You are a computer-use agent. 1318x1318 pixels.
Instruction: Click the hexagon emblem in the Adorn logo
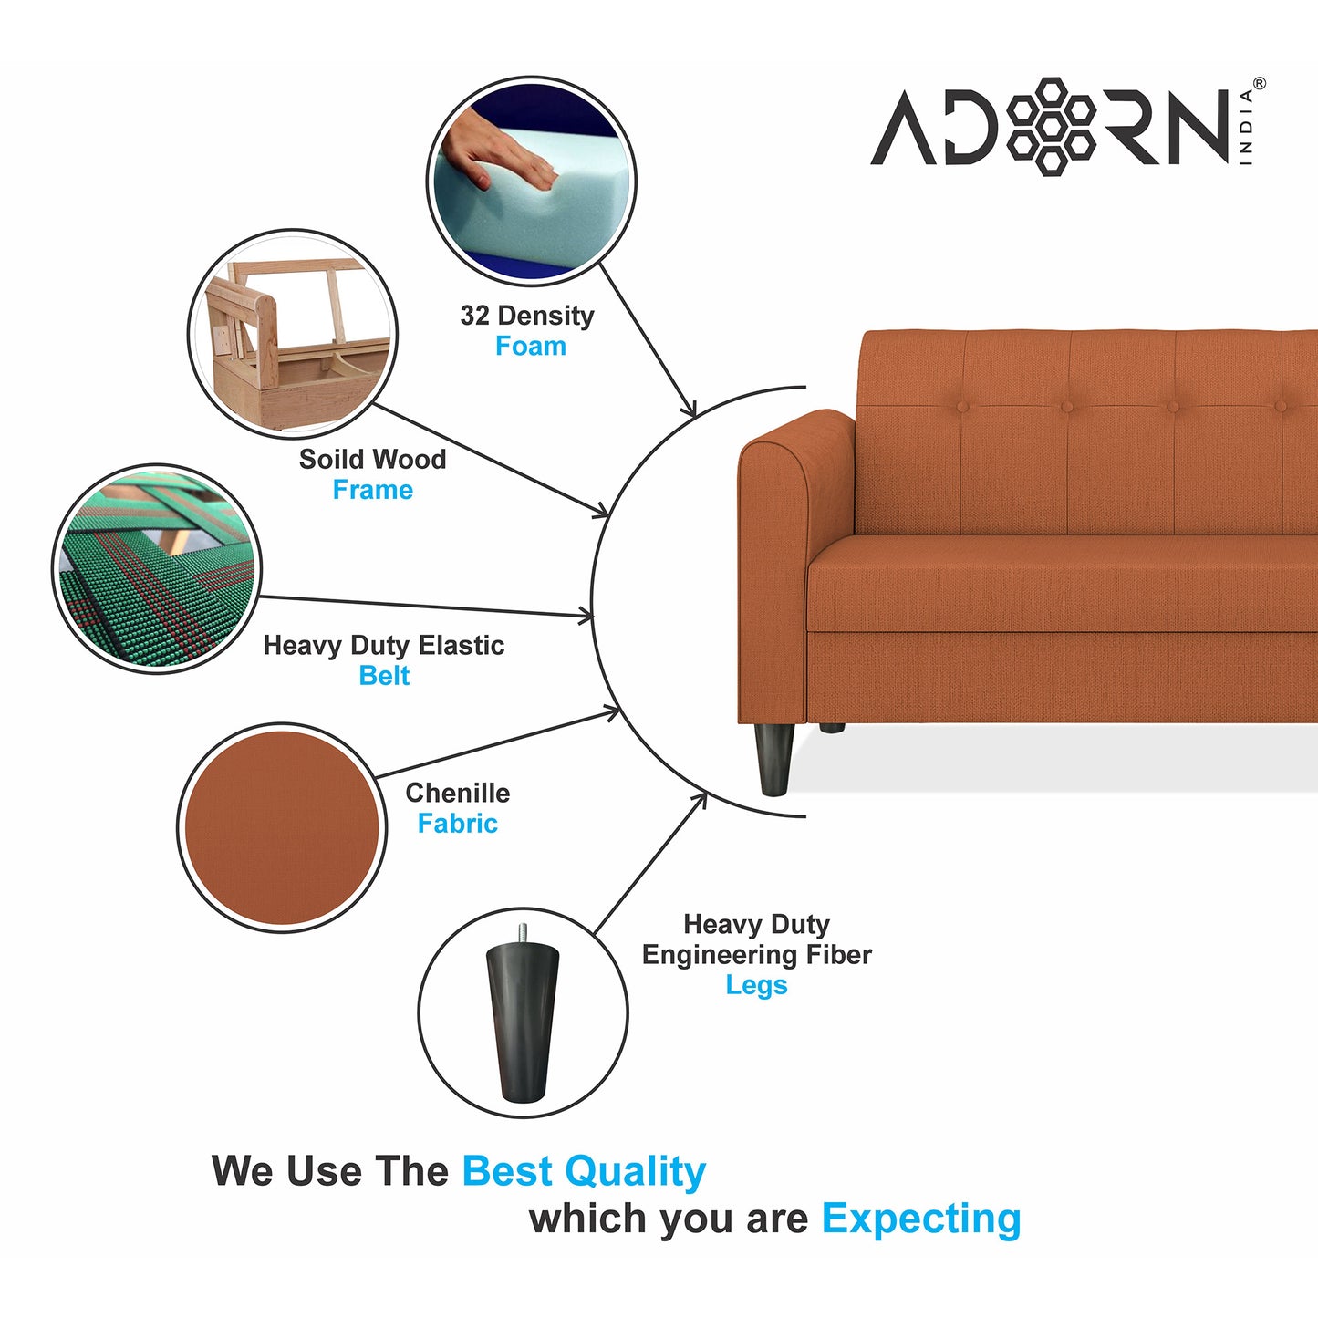pos(1052,126)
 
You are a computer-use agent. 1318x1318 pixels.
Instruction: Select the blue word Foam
pos(530,347)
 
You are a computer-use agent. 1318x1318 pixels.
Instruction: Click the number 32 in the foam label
pos(474,316)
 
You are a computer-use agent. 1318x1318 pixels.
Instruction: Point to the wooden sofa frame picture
pos(292,333)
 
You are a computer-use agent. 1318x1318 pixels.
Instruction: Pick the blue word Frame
pos(372,490)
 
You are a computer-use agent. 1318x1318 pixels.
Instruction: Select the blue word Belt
pos(384,676)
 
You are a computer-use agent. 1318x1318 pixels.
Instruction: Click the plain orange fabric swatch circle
pos(281,827)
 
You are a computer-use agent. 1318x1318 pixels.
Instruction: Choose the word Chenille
pos(457,793)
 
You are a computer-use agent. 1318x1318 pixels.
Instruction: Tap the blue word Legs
pos(756,985)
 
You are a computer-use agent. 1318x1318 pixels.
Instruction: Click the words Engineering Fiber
pos(756,955)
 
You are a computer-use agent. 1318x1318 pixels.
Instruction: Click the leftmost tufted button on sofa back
pos(961,407)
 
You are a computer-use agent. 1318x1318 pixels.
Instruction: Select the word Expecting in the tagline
pos(920,1219)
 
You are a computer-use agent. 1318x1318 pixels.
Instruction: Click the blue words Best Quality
pos(584,1171)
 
